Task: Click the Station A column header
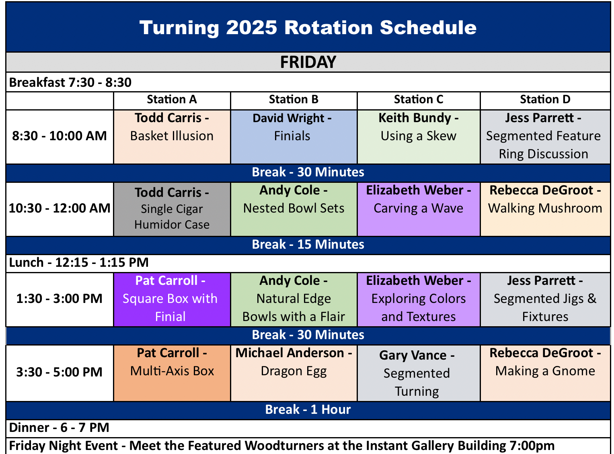point(172,100)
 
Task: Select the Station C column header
point(418,100)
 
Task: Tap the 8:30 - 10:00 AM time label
point(59,136)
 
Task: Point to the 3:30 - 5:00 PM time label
point(59,372)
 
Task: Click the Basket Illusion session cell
point(172,137)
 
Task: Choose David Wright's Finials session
point(294,137)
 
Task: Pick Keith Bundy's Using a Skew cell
point(419,137)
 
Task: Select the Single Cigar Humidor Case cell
point(172,209)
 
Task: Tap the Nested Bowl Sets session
point(294,209)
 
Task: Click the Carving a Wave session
point(419,209)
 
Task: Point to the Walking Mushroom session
point(545,209)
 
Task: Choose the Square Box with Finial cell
point(172,300)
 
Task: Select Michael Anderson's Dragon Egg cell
point(294,373)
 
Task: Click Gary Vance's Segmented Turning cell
point(419,373)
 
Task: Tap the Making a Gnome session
point(545,373)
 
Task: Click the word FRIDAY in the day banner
point(308,62)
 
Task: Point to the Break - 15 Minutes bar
point(308,245)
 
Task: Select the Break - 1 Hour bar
point(308,410)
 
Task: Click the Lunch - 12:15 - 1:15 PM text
point(79,262)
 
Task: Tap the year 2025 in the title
point(251,28)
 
